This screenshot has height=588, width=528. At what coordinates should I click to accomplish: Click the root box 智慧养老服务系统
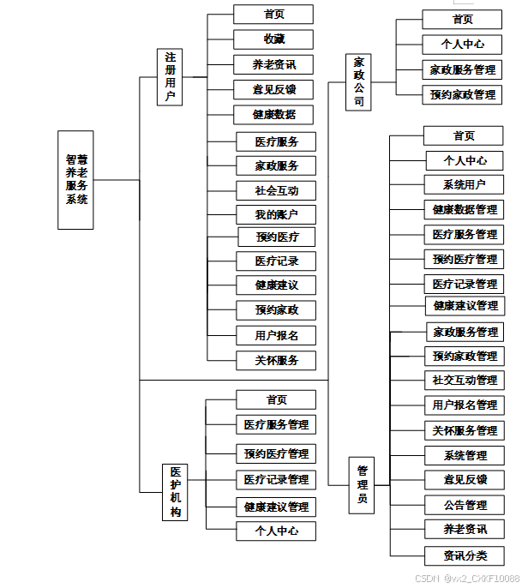tap(75, 180)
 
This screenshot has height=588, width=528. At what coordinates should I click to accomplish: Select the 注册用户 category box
tap(170, 77)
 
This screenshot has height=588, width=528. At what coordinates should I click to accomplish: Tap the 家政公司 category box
tap(359, 82)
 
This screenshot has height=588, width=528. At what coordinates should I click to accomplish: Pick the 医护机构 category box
tap(175, 493)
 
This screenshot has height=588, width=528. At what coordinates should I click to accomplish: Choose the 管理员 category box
tap(363, 483)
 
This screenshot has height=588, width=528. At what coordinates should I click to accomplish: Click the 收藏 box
tap(273, 39)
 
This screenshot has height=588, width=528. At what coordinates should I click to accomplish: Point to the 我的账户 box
tap(275, 214)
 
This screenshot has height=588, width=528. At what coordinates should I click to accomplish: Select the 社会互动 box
tap(275, 190)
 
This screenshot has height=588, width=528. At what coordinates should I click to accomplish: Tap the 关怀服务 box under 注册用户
tap(275, 360)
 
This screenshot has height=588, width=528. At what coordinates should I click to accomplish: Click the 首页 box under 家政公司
tap(461, 20)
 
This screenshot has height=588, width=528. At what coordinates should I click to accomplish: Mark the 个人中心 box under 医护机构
tap(275, 531)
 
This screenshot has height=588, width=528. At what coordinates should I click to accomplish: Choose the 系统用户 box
tap(464, 184)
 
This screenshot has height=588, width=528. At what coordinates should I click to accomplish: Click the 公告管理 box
tap(464, 505)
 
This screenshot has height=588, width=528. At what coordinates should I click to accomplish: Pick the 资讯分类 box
tap(464, 555)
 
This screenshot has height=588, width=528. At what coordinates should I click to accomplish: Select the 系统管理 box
tap(464, 455)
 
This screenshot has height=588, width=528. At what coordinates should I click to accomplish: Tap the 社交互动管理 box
tap(464, 380)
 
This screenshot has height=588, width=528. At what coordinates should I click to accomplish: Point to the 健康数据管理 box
tap(464, 209)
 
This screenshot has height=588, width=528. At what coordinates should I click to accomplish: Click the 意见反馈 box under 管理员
tap(464, 480)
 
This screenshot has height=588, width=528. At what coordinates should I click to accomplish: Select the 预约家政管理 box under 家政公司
tap(461, 94)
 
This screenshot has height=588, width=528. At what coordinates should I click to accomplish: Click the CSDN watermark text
tap(467, 579)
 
